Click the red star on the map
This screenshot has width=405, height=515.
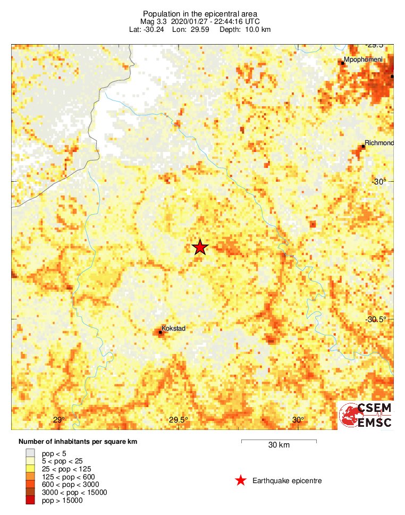click(200, 247)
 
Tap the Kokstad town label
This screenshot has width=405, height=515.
click(173, 329)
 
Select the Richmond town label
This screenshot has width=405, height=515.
click(379, 143)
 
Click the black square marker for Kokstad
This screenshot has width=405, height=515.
click(160, 333)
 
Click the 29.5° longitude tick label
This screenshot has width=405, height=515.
click(179, 420)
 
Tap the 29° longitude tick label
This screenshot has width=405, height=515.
click(58, 420)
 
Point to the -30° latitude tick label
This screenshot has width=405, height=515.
click(378, 182)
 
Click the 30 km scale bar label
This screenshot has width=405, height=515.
click(279, 445)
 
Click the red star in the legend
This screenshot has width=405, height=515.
click(241, 481)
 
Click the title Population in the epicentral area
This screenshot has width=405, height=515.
click(200, 13)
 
